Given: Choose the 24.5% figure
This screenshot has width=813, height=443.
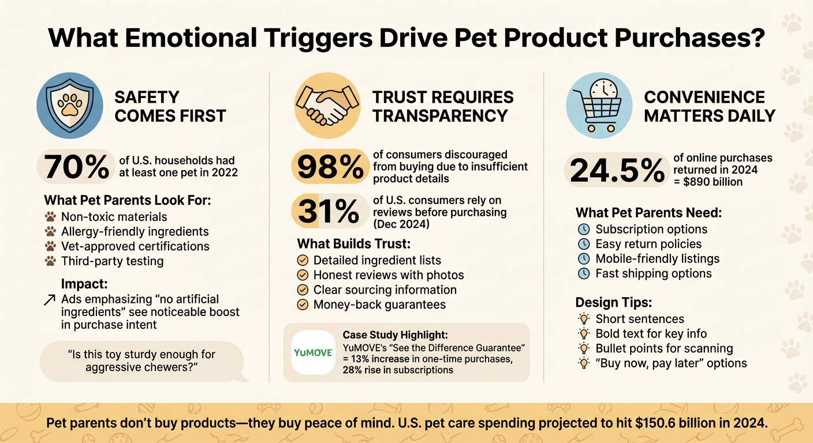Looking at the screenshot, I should click(x=617, y=171).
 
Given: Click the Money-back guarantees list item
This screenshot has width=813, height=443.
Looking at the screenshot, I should click(x=379, y=305).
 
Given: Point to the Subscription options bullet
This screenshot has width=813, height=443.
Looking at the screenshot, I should click(x=651, y=229).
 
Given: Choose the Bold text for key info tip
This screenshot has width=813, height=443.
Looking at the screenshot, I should click(x=651, y=333).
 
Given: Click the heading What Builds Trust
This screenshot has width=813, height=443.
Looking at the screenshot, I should click(x=353, y=243).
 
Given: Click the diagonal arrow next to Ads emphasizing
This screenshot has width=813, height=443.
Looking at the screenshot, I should click(x=50, y=299).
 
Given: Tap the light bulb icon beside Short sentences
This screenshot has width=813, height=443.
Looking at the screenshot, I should click(x=584, y=318).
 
